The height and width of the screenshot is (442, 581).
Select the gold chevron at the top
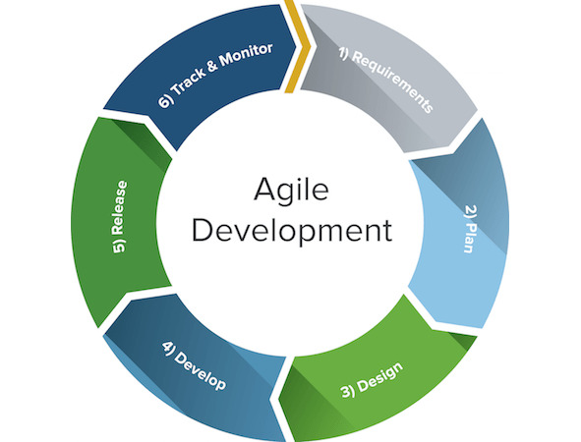(299, 46)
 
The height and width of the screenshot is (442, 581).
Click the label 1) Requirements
(386, 81)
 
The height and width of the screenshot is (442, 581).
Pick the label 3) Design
(372, 380)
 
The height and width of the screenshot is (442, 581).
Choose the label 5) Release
(120, 217)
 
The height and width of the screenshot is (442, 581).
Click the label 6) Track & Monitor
(215, 76)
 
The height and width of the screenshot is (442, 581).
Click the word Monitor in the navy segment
(246, 56)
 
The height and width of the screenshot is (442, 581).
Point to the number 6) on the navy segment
(165, 101)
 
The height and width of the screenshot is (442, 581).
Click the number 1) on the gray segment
(344, 55)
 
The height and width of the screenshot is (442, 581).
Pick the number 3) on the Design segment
(348, 391)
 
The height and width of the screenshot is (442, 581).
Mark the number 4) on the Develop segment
(167, 348)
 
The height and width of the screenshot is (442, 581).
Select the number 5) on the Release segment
(119, 247)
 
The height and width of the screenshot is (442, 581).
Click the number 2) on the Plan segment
(471, 212)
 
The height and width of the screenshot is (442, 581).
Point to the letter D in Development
(203, 230)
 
